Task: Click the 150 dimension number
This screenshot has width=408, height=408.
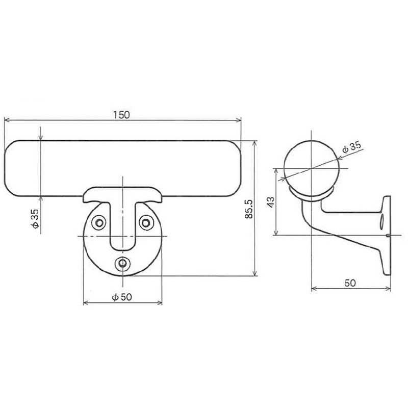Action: (122, 114)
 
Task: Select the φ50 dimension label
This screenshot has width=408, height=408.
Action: (122, 297)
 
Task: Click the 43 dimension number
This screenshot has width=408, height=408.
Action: (270, 202)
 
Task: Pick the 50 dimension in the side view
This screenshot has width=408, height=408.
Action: (350, 283)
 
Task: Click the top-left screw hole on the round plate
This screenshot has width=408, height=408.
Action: (98, 222)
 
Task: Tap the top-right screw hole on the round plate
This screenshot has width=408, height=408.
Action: (147, 222)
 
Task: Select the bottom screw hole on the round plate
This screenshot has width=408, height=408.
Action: (122, 263)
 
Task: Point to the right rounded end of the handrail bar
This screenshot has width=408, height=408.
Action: (236, 168)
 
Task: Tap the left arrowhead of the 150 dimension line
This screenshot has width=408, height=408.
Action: (7, 120)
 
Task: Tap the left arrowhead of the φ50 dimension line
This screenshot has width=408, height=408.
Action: (85, 303)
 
